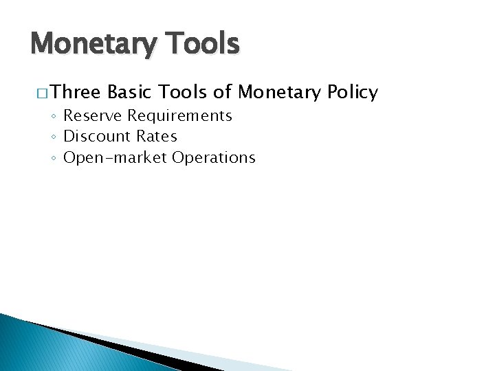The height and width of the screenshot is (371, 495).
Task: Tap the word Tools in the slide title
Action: tap(204, 43)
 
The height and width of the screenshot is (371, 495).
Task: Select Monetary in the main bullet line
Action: tap(281, 92)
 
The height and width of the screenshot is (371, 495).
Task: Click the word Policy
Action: tap(353, 92)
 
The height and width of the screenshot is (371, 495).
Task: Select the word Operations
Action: tap(214, 157)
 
